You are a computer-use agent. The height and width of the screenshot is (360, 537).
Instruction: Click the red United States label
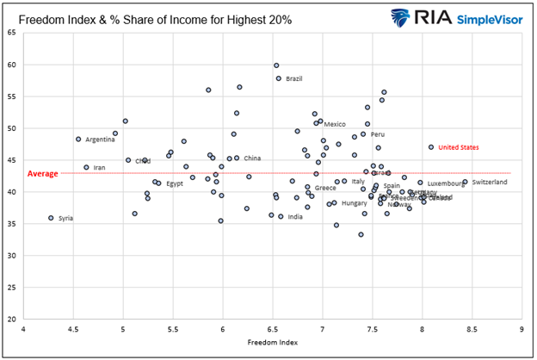point(458,147)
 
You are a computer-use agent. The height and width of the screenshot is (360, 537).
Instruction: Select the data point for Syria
point(51,218)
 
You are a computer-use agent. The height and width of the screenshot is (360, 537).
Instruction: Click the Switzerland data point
point(465,182)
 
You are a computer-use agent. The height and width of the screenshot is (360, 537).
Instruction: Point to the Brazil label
point(293,79)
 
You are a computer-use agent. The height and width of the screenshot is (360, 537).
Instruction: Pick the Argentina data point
point(78,139)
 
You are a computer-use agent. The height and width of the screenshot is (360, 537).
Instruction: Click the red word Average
point(42,173)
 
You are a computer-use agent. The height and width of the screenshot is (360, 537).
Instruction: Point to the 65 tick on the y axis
point(12,33)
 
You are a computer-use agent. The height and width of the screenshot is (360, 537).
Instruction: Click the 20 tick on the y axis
point(12,320)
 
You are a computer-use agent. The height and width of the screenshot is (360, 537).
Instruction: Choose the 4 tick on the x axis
point(23,330)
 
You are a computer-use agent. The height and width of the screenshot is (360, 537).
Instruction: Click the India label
point(294,217)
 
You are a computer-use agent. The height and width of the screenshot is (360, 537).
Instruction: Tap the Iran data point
point(86,167)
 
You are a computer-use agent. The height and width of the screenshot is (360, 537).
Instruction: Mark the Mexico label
point(334,124)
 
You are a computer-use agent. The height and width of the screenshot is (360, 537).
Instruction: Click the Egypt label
point(175,183)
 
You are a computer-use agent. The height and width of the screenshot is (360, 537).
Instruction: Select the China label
point(252,158)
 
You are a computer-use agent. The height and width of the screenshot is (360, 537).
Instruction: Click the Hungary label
point(354,203)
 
